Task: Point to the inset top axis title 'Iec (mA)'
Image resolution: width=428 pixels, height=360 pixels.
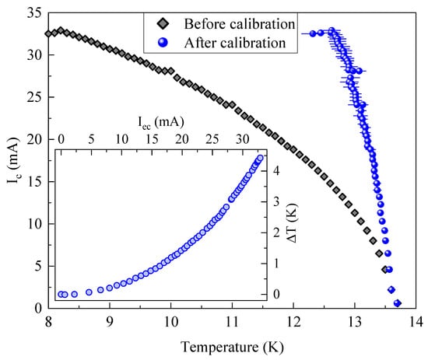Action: (154, 121)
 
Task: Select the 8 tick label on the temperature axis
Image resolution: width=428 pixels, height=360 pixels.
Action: (48, 322)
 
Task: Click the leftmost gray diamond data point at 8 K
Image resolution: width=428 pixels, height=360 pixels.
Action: (48, 33)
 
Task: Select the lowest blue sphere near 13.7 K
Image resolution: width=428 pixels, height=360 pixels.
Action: (398, 303)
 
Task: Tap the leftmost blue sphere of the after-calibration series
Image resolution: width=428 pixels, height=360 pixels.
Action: (314, 33)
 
